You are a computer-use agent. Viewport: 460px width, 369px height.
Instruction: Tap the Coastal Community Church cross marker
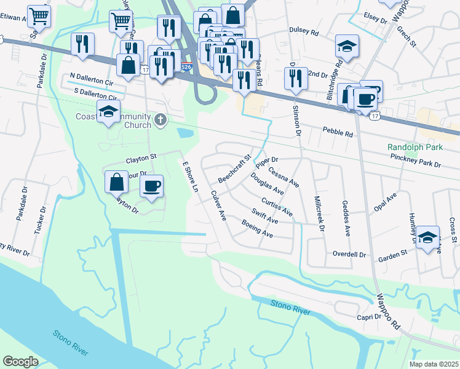click(161, 119)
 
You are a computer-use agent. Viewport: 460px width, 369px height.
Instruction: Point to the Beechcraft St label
click(235, 169)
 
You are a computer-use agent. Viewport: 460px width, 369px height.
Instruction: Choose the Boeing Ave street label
click(258, 231)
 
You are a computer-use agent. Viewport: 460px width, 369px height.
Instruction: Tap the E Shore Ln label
click(189, 178)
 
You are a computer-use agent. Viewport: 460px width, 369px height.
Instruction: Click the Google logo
click(20, 361)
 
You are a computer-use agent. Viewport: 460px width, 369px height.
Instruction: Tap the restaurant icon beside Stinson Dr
click(296, 78)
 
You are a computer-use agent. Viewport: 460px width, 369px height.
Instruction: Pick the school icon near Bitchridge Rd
click(347, 47)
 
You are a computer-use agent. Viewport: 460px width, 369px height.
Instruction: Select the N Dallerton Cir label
click(92, 81)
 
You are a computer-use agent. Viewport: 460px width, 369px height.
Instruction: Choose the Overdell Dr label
click(349, 254)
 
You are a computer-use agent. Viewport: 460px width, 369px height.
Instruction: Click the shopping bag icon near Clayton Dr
click(116, 182)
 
